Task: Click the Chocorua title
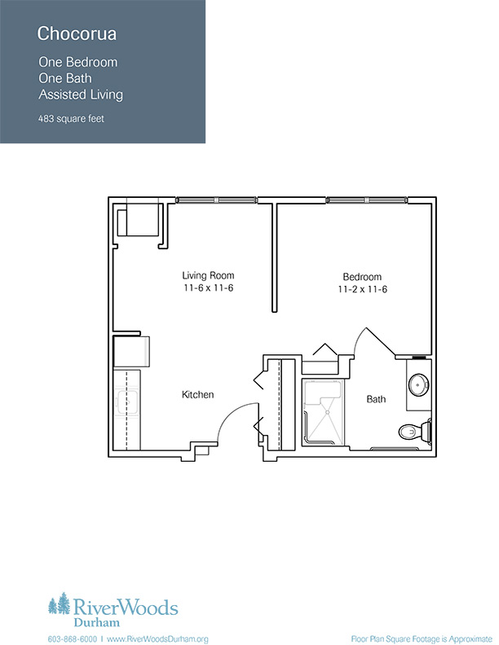point(77,33)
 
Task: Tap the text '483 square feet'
point(71,119)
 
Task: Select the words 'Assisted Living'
point(81,94)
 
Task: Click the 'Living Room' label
point(208,275)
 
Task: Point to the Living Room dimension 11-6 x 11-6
point(209,288)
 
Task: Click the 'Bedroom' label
point(362,277)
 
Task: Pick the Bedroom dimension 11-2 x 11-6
point(362,289)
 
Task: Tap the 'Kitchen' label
point(197,395)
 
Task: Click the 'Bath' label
point(376,399)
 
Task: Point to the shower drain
point(328,412)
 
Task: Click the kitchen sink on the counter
point(127,401)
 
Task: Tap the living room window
point(217,200)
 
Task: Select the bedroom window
point(367,200)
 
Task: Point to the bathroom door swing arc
point(359,336)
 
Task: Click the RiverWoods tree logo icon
point(59,603)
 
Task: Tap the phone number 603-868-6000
point(73,639)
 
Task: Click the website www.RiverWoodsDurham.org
point(157,639)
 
